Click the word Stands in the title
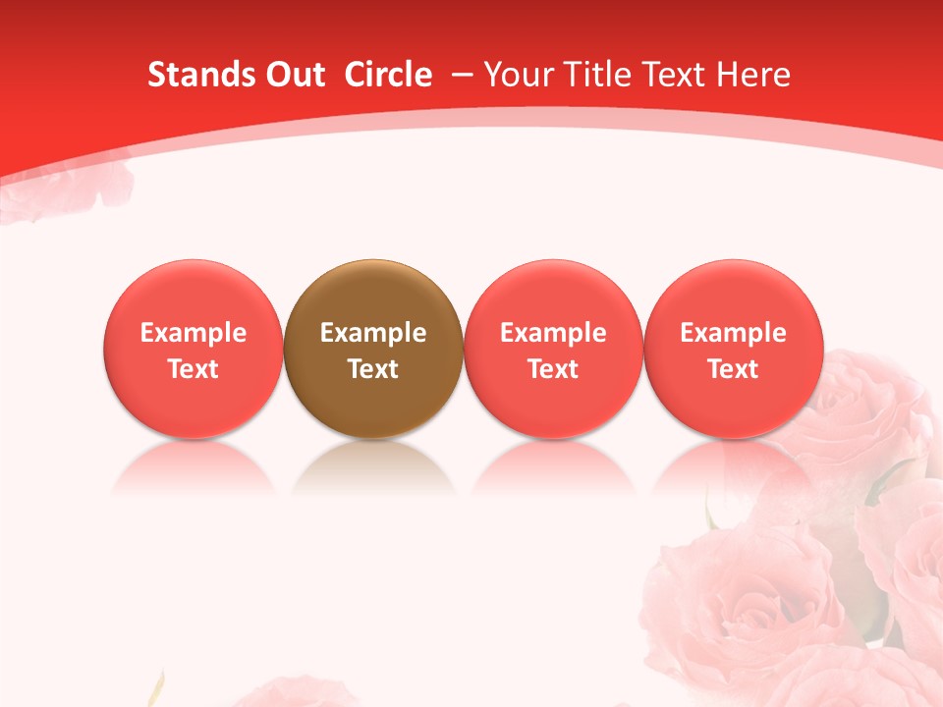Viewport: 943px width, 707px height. coord(201,75)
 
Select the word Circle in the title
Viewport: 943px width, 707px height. coord(388,75)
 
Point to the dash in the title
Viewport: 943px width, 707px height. coord(462,75)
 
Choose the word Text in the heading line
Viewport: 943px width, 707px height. coord(678,75)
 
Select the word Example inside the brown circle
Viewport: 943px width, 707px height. coord(372,333)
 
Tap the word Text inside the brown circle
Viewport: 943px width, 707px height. coord(372,369)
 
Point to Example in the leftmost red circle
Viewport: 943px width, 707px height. coord(193,333)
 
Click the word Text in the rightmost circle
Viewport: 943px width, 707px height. coord(733,369)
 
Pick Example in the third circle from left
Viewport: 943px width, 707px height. coord(553,333)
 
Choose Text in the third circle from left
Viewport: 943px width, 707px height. coord(553,369)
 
